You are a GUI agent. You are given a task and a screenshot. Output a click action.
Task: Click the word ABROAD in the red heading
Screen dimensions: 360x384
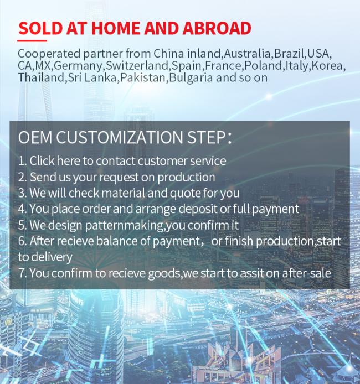click(217, 28)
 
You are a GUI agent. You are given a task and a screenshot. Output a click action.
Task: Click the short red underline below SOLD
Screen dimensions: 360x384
click(32, 40)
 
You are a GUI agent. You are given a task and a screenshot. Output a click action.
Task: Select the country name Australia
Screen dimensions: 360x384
click(248, 54)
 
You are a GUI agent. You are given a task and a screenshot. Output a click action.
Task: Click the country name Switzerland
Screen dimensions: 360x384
click(137, 65)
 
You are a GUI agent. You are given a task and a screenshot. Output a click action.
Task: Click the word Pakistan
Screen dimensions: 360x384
click(143, 77)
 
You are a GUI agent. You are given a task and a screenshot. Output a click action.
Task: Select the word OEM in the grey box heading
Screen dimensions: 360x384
click(35, 137)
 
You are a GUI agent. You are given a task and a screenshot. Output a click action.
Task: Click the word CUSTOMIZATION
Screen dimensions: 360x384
click(120, 137)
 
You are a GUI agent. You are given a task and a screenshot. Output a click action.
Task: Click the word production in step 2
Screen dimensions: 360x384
click(186, 178)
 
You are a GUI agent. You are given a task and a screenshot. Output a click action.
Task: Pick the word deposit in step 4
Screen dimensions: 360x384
click(198, 209)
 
